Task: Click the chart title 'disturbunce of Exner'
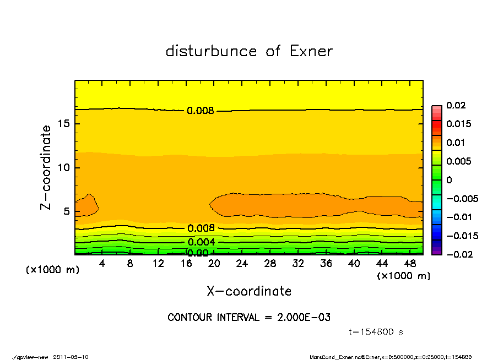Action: click(x=249, y=52)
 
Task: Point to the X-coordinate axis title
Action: click(x=249, y=291)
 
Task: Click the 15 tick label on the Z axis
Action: click(x=63, y=124)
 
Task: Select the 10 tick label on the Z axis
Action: click(x=63, y=167)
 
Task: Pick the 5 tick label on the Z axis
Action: click(x=66, y=211)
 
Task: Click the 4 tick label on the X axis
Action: click(x=102, y=264)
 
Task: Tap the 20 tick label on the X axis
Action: click(x=214, y=264)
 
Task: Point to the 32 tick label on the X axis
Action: click(x=298, y=264)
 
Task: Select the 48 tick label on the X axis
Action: click(x=410, y=264)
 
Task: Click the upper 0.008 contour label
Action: click(x=201, y=111)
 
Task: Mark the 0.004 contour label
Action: click(x=201, y=242)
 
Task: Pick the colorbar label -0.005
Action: click(x=459, y=198)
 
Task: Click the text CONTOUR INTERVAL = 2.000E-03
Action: click(x=249, y=318)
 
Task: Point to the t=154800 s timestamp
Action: click(x=376, y=332)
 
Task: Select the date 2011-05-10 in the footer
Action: click(x=71, y=357)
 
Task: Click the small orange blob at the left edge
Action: click(x=85, y=205)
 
